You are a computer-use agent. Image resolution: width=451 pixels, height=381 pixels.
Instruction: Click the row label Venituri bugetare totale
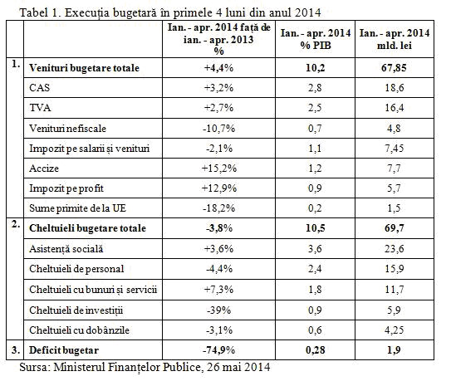(84, 68)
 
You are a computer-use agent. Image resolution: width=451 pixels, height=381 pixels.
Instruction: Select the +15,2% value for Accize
(219, 169)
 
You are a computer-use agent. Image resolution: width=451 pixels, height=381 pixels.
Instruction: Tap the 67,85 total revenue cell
(394, 68)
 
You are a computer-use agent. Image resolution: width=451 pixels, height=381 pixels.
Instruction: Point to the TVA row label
(40, 108)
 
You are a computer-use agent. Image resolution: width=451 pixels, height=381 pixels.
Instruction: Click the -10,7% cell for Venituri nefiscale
(219, 129)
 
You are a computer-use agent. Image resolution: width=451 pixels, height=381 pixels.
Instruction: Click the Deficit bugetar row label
(64, 350)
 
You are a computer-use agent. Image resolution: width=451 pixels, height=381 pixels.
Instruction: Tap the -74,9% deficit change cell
(219, 350)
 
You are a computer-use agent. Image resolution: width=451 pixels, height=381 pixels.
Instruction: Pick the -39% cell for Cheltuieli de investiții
(219, 310)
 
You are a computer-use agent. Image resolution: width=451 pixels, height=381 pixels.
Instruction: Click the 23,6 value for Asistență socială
(395, 249)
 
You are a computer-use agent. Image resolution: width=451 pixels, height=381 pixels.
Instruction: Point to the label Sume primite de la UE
(78, 208)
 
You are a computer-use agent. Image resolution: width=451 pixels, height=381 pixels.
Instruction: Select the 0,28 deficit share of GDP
(316, 350)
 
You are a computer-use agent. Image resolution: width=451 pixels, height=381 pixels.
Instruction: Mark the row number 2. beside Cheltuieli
(16, 225)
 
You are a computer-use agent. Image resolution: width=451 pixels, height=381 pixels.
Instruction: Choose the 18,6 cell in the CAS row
(395, 88)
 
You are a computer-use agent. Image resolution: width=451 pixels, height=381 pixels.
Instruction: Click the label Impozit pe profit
(66, 188)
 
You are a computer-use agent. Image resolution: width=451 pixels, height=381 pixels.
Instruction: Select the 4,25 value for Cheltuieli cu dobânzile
(395, 330)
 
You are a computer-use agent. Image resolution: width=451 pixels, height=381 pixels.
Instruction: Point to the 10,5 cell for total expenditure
(316, 228)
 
